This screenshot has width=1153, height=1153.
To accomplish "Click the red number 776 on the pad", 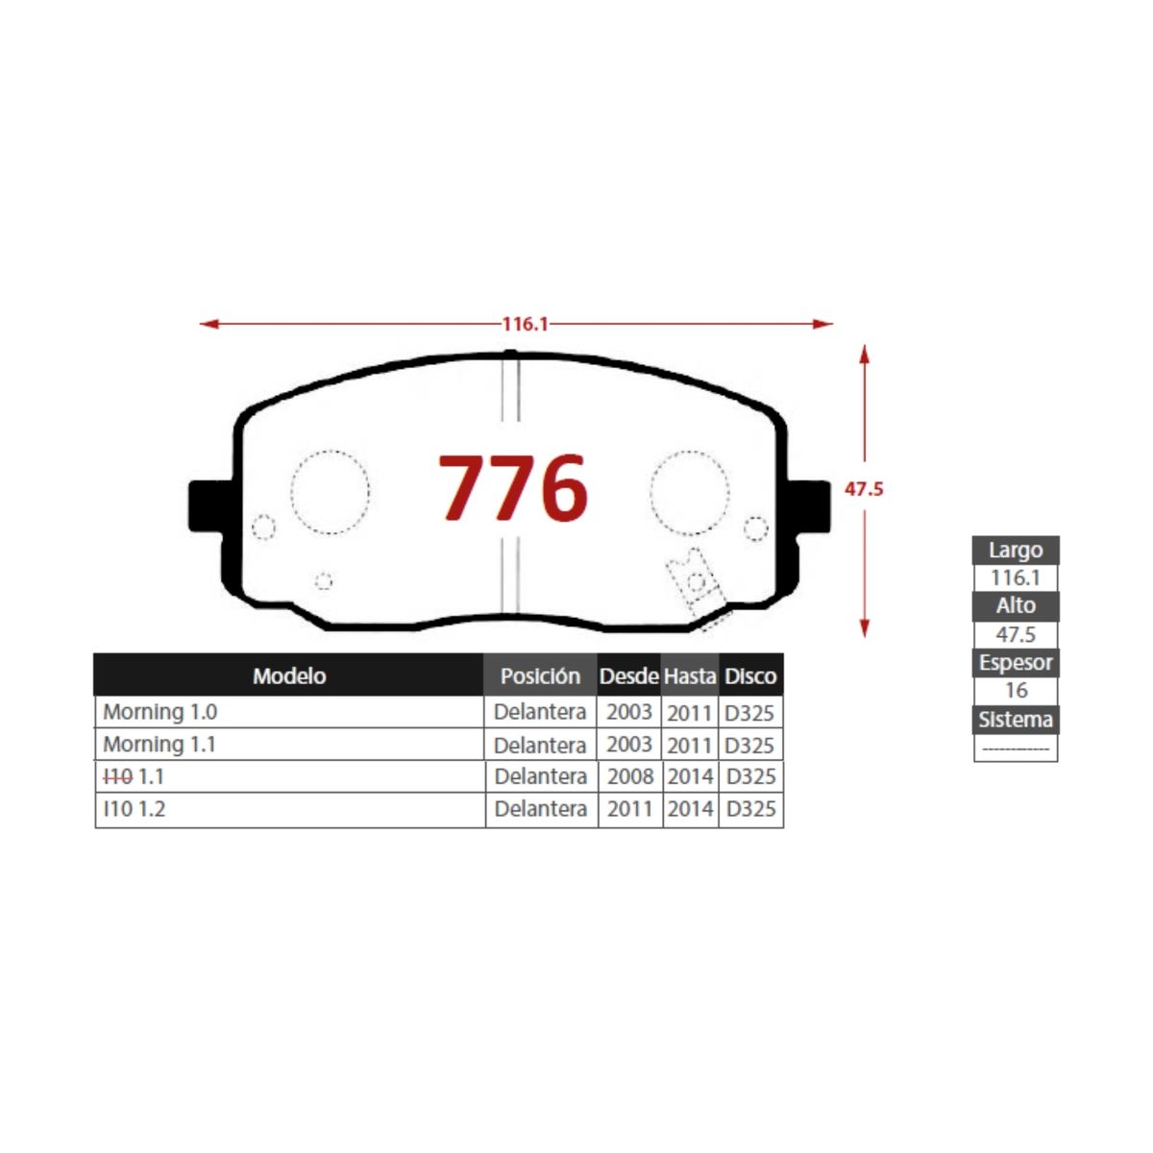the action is [513, 487].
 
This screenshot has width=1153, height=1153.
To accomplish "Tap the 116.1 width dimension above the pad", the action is [525, 324].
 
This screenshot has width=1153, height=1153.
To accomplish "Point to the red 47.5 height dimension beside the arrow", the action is [864, 489].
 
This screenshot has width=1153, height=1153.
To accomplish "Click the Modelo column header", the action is [289, 676].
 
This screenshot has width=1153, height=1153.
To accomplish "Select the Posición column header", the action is [540, 676].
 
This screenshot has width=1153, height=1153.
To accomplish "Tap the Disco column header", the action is [750, 676].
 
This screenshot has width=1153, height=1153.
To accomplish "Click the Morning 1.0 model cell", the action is [159, 712].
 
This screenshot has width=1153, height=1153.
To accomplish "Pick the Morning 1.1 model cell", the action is [159, 745].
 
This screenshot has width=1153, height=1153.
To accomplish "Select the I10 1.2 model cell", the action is [134, 809].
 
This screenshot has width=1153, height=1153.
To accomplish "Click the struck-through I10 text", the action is [117, 776].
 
